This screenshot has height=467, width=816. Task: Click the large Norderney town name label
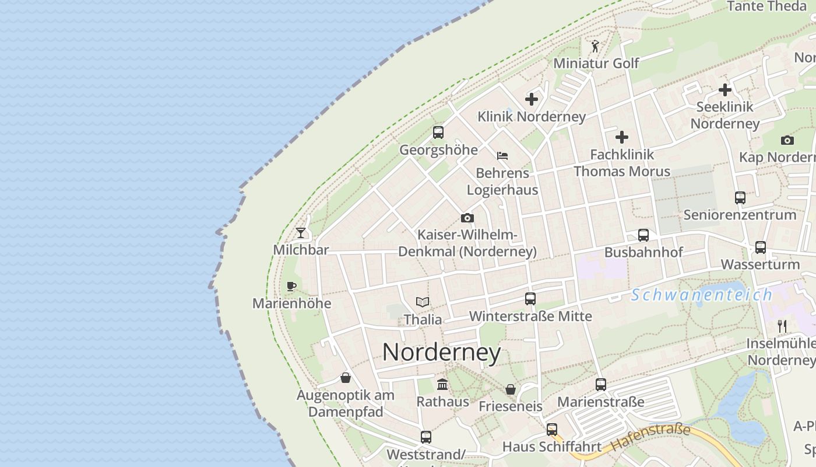coord(441,353)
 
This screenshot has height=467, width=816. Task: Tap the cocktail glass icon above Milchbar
coord(301,233)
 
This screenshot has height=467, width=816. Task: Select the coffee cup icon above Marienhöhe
coord(291,286)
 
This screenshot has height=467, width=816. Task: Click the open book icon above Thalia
coord(423,302)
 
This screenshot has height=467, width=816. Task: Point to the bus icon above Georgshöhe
coord(438,133)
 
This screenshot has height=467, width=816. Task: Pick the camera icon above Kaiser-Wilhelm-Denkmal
coord(467,218)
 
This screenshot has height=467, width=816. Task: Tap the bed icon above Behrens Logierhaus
coord(502,156)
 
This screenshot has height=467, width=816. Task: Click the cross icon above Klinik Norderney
coord(532,99)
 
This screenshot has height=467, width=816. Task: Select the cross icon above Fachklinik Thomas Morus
coord(622,137)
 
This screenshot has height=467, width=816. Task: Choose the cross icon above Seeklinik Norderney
coord(725,90)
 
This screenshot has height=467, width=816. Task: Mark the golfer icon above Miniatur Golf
coord(595,46)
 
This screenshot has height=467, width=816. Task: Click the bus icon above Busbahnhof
coord(643,235)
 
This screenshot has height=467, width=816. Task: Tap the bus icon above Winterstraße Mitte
coord(530,299)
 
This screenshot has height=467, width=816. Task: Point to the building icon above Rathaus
coord(442,385)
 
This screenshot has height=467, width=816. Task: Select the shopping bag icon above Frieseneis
coord(511,389)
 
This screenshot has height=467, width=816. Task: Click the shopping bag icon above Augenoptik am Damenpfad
coord(346,378)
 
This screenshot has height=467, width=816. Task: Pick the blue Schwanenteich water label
coord(702,295)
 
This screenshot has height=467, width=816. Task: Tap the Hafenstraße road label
coord(650,437)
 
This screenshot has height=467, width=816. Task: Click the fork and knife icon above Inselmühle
coord(782,326)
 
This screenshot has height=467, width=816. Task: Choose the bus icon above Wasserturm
coord(761,248)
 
